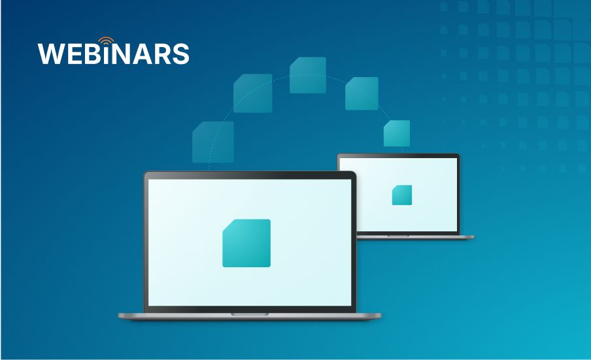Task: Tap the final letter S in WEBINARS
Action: point(181,54)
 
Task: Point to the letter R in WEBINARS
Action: point(162,54)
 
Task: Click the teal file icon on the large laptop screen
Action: point(246,243)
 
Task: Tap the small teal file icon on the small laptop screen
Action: point(402,195)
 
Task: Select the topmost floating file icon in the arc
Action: point(307,75)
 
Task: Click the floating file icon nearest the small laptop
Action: point(397,133)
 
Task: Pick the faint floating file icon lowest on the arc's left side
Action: point(213,142)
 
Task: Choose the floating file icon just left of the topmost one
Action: point(252,93)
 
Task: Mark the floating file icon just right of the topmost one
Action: point(362,93)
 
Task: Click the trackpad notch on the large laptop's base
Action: point(250,314)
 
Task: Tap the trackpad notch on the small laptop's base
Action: point(398,236)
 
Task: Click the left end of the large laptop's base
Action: point(119,316)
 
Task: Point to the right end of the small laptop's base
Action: point(473,237)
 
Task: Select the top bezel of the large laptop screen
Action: point(250,175)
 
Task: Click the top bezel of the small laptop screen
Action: point(398,155)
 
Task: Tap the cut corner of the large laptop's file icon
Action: point(228,225)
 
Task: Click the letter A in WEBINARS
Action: point(142,54)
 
